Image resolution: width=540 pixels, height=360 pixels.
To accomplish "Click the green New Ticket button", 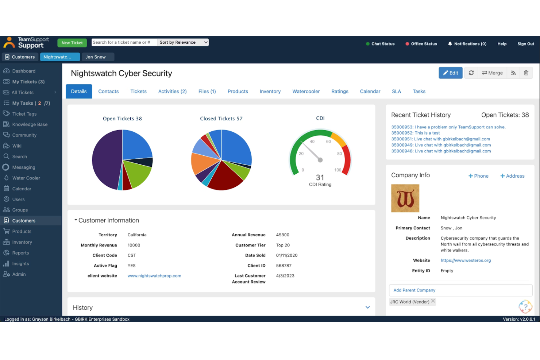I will [72, 43].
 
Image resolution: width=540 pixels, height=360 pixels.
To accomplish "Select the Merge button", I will [492, 73].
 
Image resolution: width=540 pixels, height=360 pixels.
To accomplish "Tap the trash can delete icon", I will [526, 73].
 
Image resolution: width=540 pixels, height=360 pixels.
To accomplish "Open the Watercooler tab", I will [306, 92].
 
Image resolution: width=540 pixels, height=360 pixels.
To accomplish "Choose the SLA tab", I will [396, 92].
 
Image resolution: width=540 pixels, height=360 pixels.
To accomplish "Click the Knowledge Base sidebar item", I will [30, 124].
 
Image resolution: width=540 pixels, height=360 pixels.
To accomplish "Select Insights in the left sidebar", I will [20, 264].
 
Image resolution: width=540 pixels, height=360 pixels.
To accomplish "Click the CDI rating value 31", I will [320, 178].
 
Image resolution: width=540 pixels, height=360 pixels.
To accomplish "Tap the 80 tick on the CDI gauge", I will [339, 154].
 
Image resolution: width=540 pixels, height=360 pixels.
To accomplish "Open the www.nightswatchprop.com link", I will [154, 276].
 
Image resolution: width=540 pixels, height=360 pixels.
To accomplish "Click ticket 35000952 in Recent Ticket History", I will [415, 133].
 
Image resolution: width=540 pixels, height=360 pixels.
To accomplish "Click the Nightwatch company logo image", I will [405, 198].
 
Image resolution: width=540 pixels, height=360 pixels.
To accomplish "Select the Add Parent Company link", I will [414, 290].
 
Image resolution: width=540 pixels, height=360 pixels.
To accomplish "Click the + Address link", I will [512, 176].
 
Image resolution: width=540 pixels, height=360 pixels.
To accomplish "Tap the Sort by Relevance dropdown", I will [183, 42].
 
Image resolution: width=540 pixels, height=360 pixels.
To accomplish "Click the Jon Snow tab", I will [96, 57].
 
